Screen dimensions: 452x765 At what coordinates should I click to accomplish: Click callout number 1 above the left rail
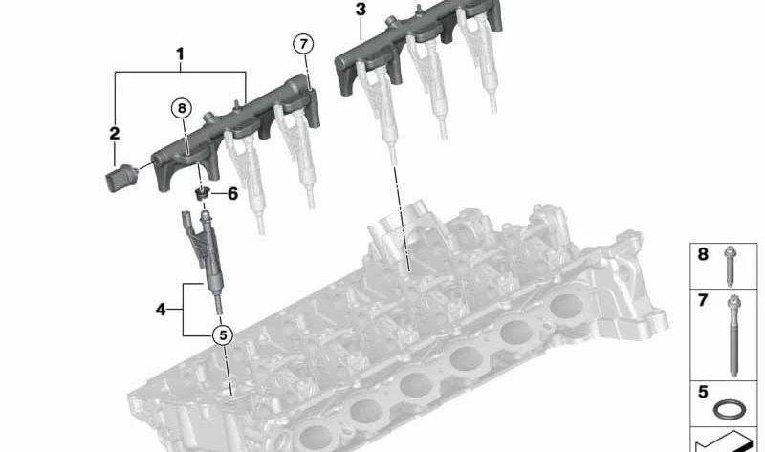coord(180,56)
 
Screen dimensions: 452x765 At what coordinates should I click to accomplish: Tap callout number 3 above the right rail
coord(360,11)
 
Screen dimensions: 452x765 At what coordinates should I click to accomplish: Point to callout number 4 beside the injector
coord(162,308)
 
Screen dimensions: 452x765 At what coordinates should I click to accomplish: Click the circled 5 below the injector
coord(222,334)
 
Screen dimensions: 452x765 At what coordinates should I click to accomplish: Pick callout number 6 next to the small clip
coord(231,193)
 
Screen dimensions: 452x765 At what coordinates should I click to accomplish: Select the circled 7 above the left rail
coord(302,44)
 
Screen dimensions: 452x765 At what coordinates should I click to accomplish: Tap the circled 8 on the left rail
coord(182,109)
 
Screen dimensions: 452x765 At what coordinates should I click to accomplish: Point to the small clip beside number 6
coord(202,194)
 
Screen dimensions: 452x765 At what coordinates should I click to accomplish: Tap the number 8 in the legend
coord(703,255)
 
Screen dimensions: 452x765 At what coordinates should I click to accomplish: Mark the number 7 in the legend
coord(703,301)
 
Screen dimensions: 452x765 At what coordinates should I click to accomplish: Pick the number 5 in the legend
coord(703,391)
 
